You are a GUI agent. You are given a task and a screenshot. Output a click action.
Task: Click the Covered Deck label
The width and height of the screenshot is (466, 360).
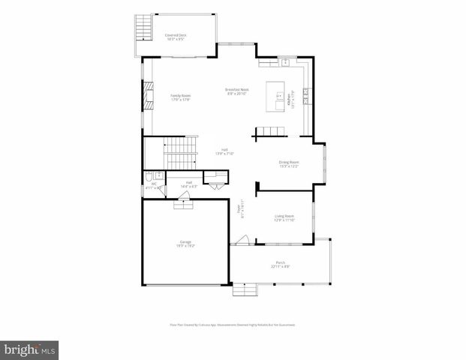[x=176, y=37]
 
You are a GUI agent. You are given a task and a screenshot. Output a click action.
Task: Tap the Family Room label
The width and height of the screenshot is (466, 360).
[x=180, y=97]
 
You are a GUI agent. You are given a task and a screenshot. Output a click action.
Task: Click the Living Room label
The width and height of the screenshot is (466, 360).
[x=283, y=217]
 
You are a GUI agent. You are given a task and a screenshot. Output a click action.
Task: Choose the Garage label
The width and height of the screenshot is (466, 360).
[x=185, y=244]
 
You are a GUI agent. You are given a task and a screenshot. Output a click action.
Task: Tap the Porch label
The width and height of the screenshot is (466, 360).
[x=280, y=264]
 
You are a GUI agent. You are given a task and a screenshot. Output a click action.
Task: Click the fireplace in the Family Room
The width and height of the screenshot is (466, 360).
[x=149, y=96]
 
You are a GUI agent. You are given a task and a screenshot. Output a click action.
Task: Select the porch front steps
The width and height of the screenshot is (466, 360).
[x=244, y=289]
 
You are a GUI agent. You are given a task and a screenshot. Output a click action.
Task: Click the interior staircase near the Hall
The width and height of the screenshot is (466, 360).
[x=180, y=153]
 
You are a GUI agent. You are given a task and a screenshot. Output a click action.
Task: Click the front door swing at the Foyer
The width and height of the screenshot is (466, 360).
[x=242, y=240]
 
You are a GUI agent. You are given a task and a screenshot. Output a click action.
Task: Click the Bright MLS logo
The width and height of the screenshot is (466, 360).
[x=30, y=349]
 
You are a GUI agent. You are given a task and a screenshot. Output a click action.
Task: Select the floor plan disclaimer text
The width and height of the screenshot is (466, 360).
[x=233, y=325]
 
